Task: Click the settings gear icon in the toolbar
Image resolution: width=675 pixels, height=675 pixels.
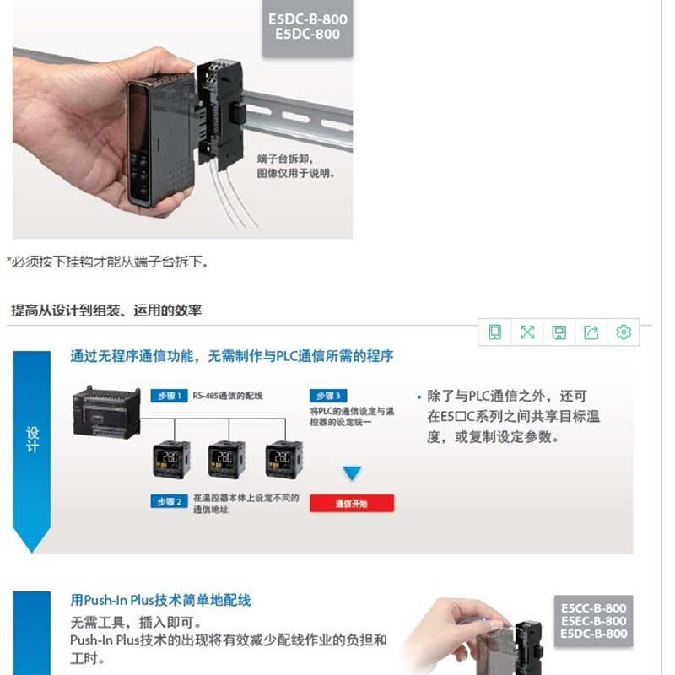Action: tap(624, 332)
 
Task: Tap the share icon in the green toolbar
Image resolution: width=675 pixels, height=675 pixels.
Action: tap(591, 332)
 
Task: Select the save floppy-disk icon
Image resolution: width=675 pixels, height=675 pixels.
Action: tap(559, 332)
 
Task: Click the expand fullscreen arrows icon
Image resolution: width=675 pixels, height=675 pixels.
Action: tap(527, 332)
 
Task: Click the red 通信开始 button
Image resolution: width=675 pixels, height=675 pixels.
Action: tap(352, 504)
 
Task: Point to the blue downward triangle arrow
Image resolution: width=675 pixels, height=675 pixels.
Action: tap(352, 473)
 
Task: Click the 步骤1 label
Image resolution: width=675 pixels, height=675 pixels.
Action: tap(169, 396)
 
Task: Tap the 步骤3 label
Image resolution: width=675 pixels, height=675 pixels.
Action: tap(328, 396)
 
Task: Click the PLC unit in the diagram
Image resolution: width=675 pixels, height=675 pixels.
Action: tap(106, 411)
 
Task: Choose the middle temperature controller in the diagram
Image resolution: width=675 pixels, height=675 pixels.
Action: tap(226, 462)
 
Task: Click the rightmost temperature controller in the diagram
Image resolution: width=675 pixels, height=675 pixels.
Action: tap(283, 462)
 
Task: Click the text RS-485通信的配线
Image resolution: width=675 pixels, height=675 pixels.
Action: tap(228, 396)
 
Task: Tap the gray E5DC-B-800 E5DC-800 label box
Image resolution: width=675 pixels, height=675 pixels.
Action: tap(307, 27)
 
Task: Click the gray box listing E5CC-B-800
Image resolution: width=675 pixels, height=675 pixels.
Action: tap(594, 620)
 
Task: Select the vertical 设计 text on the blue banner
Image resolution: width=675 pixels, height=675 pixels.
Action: tap(32, 439)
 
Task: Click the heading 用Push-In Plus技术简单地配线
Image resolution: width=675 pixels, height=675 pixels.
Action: tap(160, 600)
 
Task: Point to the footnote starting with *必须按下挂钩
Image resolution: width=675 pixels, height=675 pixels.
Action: tap(107, 262)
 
